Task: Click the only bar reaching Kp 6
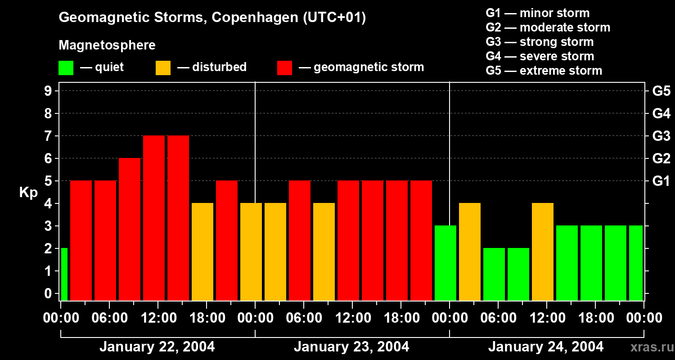(x=130, y=229)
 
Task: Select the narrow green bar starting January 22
(x=64, y=274)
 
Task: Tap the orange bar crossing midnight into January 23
(x=251, y=252)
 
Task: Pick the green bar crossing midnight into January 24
(x=445, y=263)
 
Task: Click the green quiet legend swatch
(x=66, y=68)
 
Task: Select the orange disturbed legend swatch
(x=163, y=68)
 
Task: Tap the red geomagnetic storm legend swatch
(x=285, y=68)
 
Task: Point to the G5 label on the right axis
(x=661, y=91)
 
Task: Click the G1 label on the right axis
(x=661, y=181)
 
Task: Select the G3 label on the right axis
(x=661, y=136)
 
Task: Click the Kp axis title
(x=28, y=193)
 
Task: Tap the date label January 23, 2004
(x=351, y=347)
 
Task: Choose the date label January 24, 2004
(x=546, y=347)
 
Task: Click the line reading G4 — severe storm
(x=540, y=56)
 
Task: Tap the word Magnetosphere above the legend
(x=107, y=45)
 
